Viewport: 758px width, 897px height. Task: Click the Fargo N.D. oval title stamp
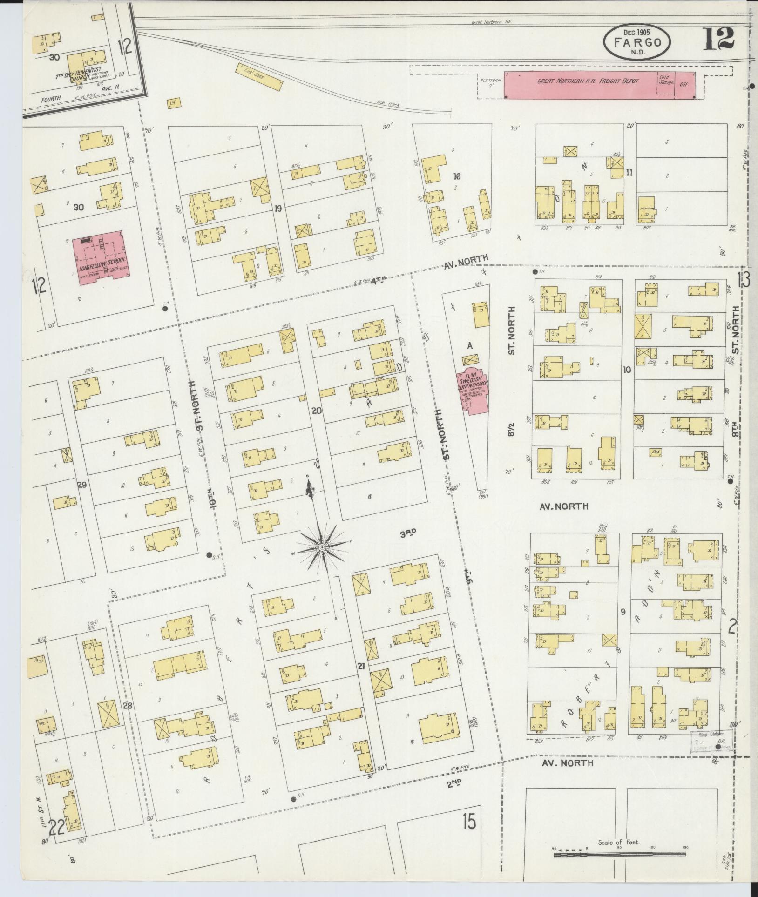pos(637,42)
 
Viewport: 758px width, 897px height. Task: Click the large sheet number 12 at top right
pos(718,38)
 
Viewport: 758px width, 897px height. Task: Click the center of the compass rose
pos(321,548)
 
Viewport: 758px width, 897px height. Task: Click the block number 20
pos(317,411)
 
